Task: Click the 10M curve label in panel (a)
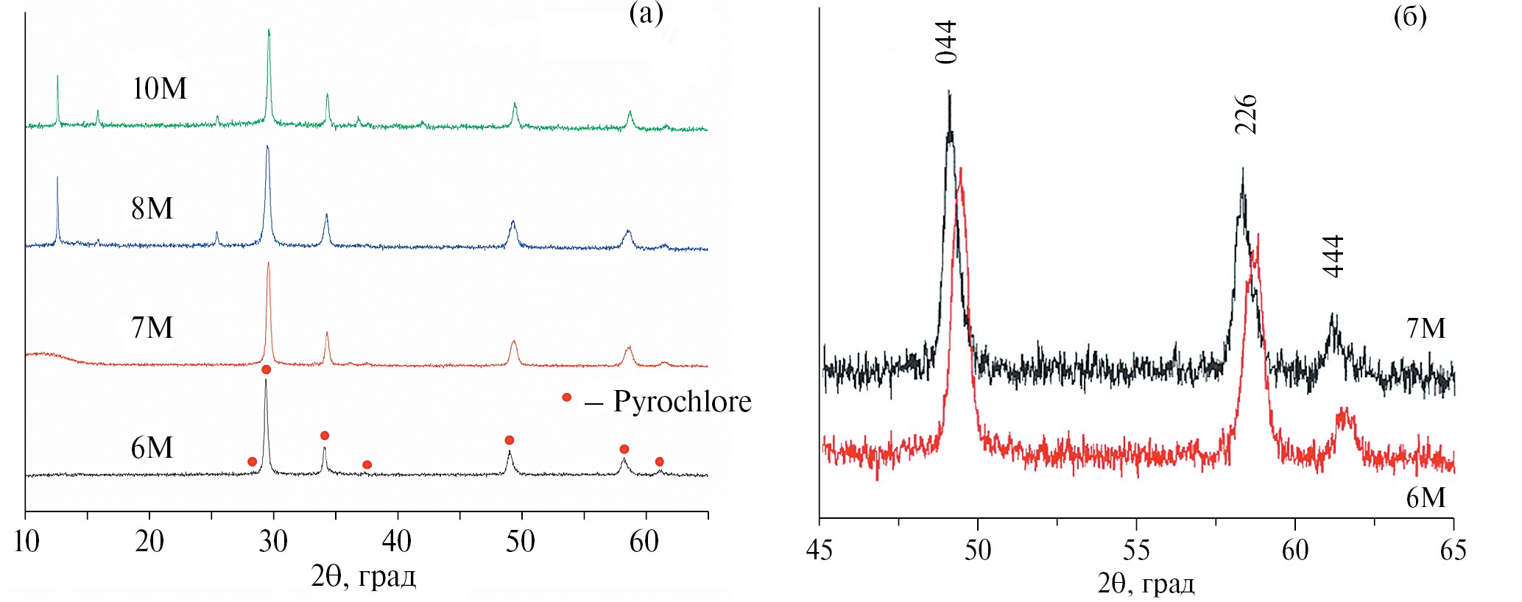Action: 159,89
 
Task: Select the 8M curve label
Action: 152,209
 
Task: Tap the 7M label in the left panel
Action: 152,328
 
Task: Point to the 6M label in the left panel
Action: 152,448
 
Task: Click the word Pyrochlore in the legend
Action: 682,402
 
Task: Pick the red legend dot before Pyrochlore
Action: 566,397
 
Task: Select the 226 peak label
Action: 1245,114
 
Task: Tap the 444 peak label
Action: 1333,256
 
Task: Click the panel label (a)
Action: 646,13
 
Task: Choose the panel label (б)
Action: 1410,16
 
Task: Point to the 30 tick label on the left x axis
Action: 273,542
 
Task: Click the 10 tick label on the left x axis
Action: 27,542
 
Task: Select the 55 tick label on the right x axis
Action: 1136,550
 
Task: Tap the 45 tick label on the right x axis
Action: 820,550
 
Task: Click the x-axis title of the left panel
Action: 363,576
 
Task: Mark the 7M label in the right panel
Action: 1426,328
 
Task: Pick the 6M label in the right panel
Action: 1426,498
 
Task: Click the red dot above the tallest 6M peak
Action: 266,369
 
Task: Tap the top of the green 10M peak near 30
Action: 269,31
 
